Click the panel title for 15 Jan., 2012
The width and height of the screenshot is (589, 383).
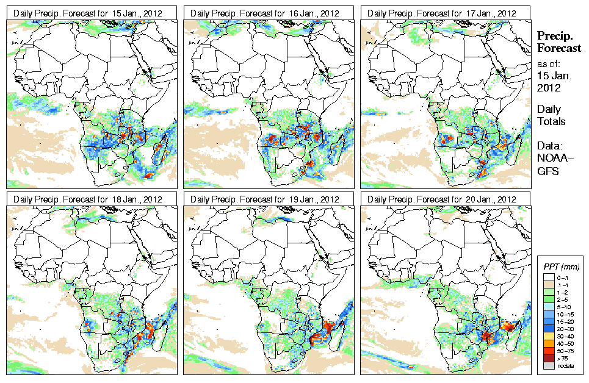[90, 13]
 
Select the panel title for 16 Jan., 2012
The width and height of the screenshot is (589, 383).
[267, 13]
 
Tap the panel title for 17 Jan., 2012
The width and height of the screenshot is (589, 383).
[444, 13]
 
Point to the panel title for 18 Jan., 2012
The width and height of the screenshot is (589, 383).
[90, 199]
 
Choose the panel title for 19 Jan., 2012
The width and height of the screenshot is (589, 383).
[267, 199]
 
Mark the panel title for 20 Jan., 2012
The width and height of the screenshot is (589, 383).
[444, 199]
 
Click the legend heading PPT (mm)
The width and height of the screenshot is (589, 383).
[561, 267]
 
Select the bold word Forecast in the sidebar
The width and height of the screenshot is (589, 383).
[558, 49]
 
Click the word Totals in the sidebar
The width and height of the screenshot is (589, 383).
[551, 121]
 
